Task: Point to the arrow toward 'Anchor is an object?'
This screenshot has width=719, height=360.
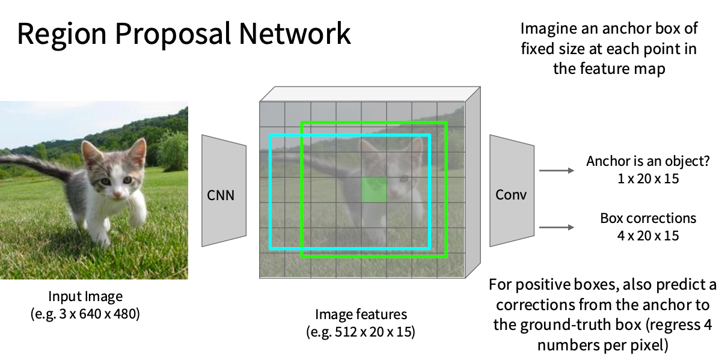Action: pos(557,171)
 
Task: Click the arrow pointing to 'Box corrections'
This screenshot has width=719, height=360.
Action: pos(557,227)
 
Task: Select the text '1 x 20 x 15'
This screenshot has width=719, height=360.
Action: pos(647,178)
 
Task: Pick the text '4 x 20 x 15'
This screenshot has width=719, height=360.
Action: pos(647,235)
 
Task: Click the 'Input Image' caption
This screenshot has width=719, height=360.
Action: pos(85,296)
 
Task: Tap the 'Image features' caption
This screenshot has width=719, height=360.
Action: pos(361,314)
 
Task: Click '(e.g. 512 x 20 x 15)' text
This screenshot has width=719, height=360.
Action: pos(361,331)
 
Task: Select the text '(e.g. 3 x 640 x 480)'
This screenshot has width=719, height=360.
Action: pos(85,313)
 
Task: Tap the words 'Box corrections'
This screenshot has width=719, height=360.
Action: pos(647,218)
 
